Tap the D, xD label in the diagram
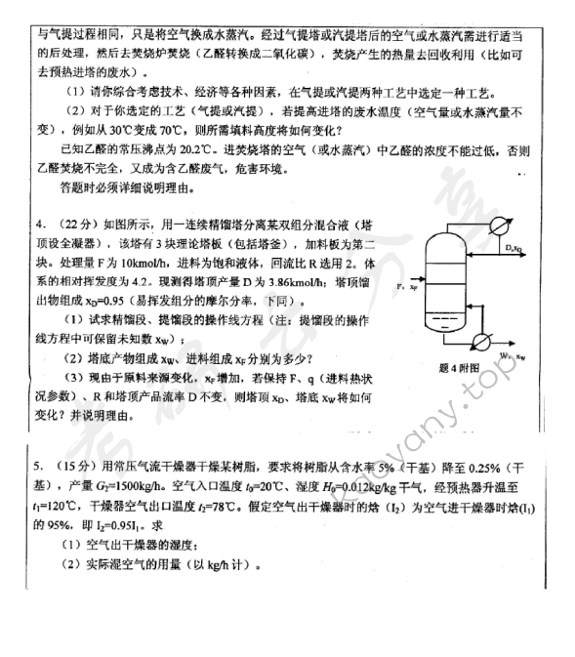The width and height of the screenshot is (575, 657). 514,250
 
